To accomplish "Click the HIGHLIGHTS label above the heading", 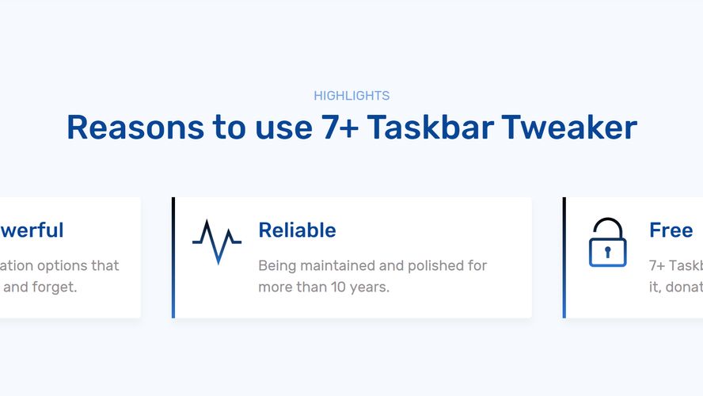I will pos(351,96).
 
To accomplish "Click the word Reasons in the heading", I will pos(134,128).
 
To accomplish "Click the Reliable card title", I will pos(297,230).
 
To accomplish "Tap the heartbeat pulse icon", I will pos(216,241).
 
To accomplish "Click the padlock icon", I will pos(607,242).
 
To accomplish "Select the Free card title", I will pos(671,230).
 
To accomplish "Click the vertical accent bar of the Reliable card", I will pos(173,257).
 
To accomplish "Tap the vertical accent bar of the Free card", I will pos(564,257).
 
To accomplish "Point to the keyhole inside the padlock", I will pos(607,252).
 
